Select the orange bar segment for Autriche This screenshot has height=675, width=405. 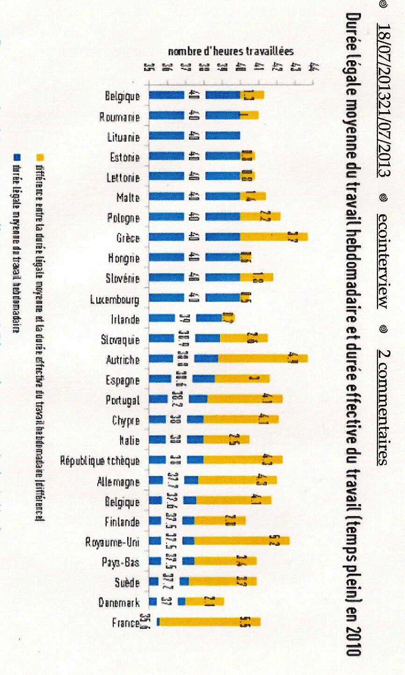(262, 359)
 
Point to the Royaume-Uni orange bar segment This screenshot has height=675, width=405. (241, 541)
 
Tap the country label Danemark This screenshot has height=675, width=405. (119, 602)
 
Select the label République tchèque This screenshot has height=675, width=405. (100, 461)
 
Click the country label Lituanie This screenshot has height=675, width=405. (123, 137)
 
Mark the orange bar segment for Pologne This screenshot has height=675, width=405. (260, 217)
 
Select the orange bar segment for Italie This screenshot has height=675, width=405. (226, 440)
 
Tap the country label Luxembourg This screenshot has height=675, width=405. (115, 298)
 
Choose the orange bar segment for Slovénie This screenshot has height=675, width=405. (256, 277)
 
